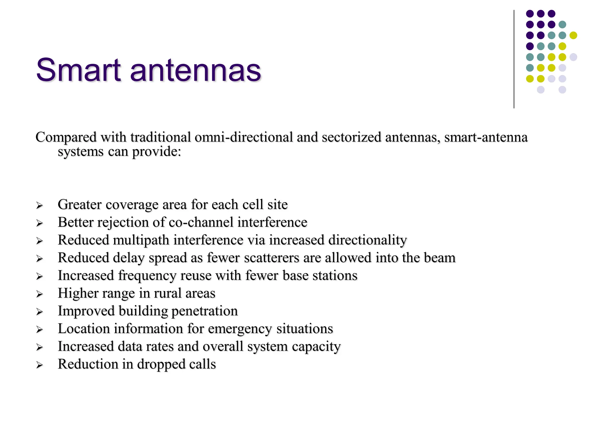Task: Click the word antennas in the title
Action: pyautogui.click(x=196, y=70)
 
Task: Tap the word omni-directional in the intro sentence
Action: pyautogui.click(x=244, y=137)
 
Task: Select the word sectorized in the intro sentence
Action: pyautogui.click(x=351, y=137)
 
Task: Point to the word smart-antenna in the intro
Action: pyautogui.click(x=486, y=137)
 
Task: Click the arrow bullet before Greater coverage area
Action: pyautogui.click(x=39, y=205)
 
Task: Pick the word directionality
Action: pyautogui.click(x=368, y=240)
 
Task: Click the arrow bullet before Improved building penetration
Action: pyautogui.click(x=39, y=312)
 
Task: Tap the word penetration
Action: pyautogui.click(x=205, y=311)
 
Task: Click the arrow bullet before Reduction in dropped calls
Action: pyautogui.click(x=39, y=365)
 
